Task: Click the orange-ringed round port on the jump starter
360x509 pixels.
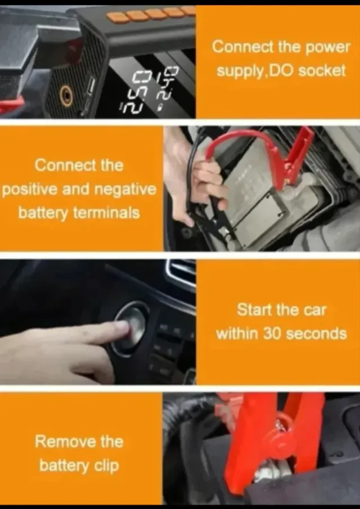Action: pyautogui.click(x=66, y=96)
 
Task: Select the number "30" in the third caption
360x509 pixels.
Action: pyautogui.click(x=272, y=334)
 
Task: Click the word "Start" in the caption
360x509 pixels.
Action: pyautogui.click(x=254, y=310)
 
